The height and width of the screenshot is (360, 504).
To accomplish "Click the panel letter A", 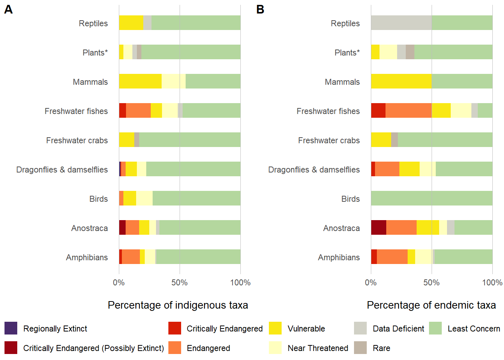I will tap(8, 9).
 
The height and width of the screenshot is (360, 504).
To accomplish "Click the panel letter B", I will tap(260, 9).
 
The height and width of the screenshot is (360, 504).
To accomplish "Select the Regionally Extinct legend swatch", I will tap(11, 328).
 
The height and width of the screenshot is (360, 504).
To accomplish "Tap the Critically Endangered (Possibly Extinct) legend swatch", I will tap(11, 348).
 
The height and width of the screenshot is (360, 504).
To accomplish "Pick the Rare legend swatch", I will tap(360, 348).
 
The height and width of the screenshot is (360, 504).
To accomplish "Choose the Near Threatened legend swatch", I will tap(275, 348).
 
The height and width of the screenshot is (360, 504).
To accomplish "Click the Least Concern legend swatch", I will tap(435, 328).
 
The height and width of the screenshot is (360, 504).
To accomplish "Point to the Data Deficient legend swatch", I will tap(360, 328).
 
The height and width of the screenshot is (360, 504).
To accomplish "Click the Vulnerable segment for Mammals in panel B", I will tap(401, 81).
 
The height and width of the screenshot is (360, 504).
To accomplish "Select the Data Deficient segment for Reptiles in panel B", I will tap(401, 23).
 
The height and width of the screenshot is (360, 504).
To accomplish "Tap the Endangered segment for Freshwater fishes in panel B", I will tap(408, 111).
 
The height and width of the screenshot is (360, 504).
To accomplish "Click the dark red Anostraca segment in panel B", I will tap(378, 228).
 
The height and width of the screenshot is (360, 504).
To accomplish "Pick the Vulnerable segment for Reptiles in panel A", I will tap(131, 23).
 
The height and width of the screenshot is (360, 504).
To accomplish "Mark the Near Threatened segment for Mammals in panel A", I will tap(174, 81).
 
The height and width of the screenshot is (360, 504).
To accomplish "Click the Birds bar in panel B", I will tap(432, 198).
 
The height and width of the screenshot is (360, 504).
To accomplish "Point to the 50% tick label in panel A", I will tap(180, 283).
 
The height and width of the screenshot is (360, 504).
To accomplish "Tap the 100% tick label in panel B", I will tap(492, 283).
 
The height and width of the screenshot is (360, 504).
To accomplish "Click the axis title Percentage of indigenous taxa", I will tap(178, 305).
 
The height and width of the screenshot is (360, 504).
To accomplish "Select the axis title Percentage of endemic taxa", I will tap(431, 305).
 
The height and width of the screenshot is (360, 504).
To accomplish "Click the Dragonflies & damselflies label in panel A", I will tap(62, 170).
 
